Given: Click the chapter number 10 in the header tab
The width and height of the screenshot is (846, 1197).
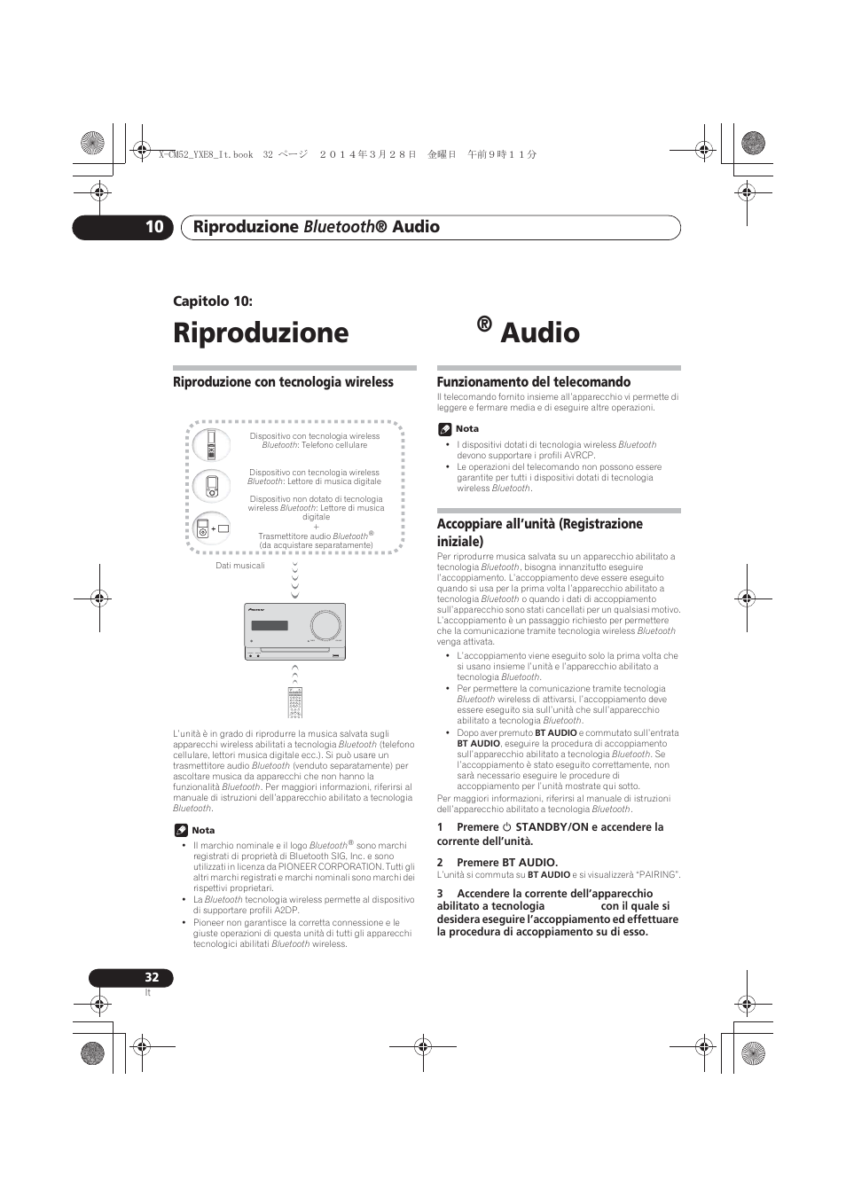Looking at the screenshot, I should click(154, 227).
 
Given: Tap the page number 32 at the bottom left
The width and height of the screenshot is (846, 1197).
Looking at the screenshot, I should click(152, 977).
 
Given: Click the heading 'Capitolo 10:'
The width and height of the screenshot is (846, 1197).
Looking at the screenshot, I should click(213, 301).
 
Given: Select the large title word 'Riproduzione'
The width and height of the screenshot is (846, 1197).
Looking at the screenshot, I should click(261, 332).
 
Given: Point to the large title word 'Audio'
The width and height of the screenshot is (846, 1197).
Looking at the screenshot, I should click(540, 332).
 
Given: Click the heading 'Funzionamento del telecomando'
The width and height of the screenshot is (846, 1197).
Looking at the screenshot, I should click(533, 382).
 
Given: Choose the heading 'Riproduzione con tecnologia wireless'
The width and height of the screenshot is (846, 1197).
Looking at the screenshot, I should click(283, 382).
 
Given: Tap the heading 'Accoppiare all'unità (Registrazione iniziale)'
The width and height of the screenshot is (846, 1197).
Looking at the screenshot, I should click(539, 532).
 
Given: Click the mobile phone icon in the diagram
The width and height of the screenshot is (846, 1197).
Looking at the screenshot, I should click(211, 444).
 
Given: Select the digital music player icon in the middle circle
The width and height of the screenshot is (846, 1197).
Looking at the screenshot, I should click(211, 486).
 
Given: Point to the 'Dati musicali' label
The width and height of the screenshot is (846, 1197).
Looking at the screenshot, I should click(240, 566).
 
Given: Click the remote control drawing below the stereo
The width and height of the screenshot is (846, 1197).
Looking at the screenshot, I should click(295, 702).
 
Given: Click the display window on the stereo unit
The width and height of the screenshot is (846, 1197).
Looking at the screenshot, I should click(270, 626).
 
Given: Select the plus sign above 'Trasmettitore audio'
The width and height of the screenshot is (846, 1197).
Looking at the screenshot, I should click(317, 527).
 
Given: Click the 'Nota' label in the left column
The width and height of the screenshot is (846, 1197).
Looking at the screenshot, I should click(203, 830).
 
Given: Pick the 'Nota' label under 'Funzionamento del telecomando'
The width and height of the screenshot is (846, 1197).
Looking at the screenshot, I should click(466, 428).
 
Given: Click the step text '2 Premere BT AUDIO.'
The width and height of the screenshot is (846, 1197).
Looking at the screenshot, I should click(497, 862).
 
